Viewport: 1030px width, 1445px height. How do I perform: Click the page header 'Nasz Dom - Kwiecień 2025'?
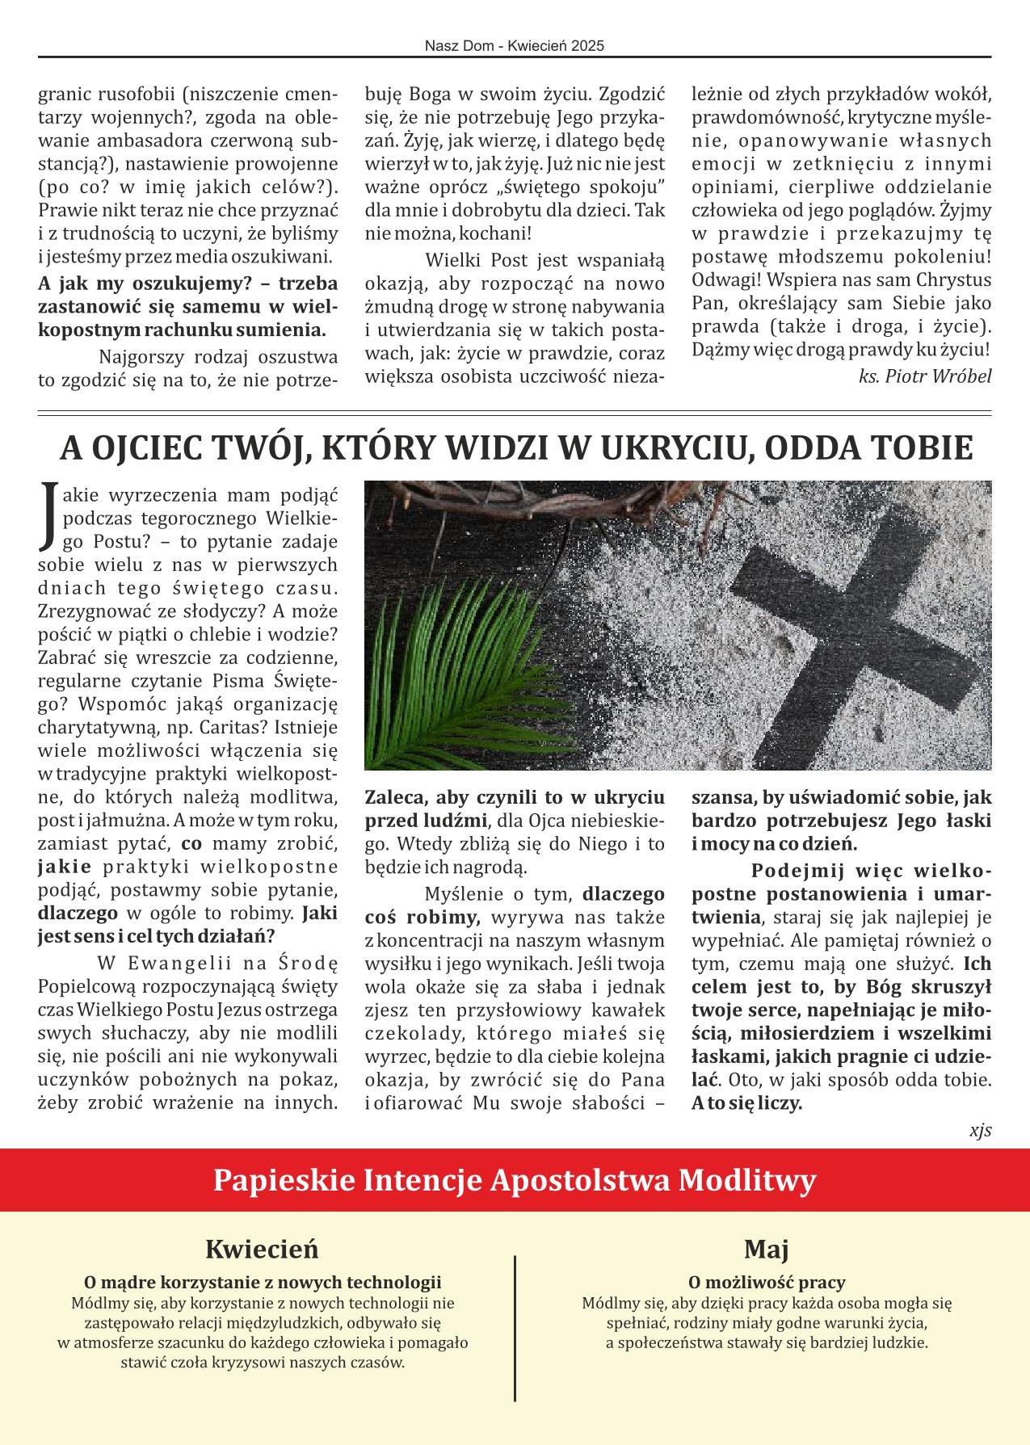[x=515, y=47]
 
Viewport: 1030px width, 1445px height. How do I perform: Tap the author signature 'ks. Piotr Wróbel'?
[x=924, y=376]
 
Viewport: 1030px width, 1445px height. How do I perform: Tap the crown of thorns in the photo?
[x=517, y=505]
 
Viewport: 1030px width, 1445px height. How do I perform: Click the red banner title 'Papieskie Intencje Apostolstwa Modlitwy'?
[x=515, y=1180]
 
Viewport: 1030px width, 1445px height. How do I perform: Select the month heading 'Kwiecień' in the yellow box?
[x=263, y=1249]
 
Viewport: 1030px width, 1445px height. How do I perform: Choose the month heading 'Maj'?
[x=766, y=1249]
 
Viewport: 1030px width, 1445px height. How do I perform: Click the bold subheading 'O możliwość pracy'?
[x=766, y=1282]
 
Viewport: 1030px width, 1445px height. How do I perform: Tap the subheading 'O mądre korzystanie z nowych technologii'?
[x=263, y=1282]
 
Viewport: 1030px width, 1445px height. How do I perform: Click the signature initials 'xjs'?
[x=980, y=1130]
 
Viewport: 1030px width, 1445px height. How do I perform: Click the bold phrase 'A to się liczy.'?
[x=746, y=1103]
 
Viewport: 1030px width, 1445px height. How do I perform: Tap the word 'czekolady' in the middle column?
[x=408, y=1034]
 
